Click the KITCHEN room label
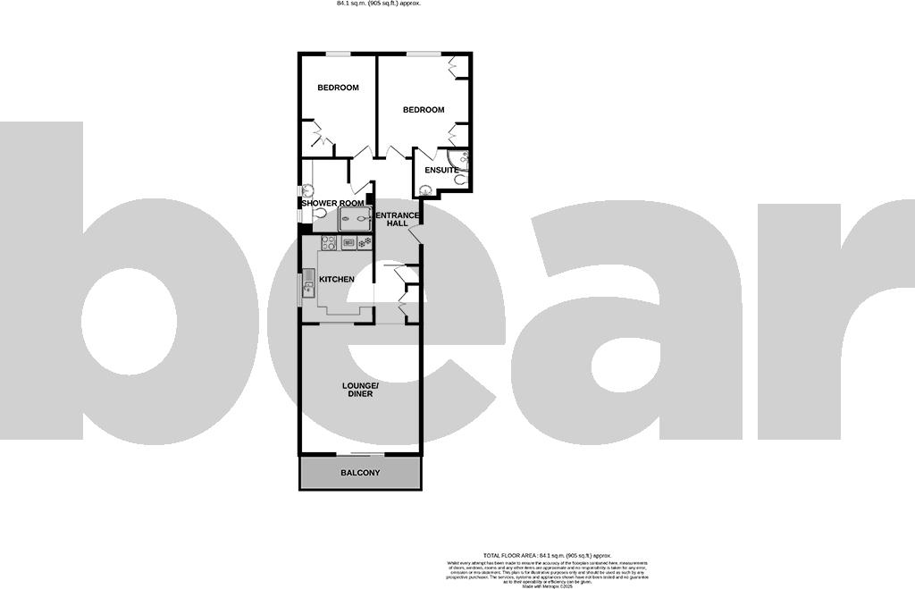click(x=337, y=280)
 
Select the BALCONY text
click(x=360, y=473)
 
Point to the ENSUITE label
click(x=441, y=170)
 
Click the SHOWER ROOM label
click(x=332, y=204)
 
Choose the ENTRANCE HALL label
click(x=397, y=219)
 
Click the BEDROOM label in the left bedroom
click(x=338, y=88)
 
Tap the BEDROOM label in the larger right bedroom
click(x=423, y=110)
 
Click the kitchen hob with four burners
click(x=327, y=242)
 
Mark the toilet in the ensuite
click(x=459, y=179)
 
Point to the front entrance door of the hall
click(x=414, y=234)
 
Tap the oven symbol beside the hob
click(x=346, y=242)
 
